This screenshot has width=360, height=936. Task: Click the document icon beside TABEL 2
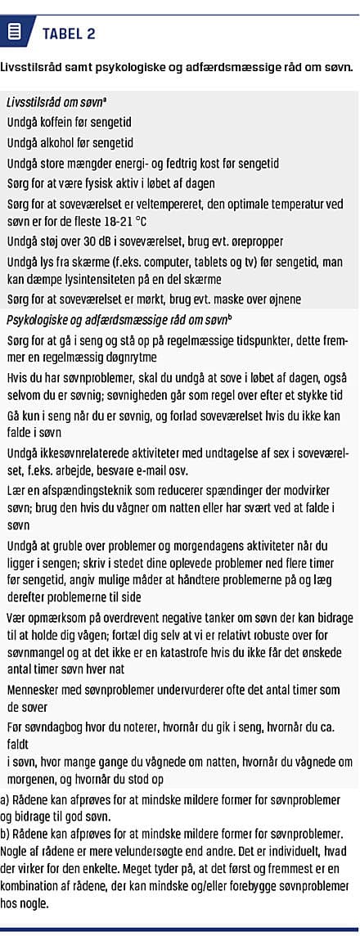14,33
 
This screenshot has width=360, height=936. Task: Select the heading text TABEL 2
69,34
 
